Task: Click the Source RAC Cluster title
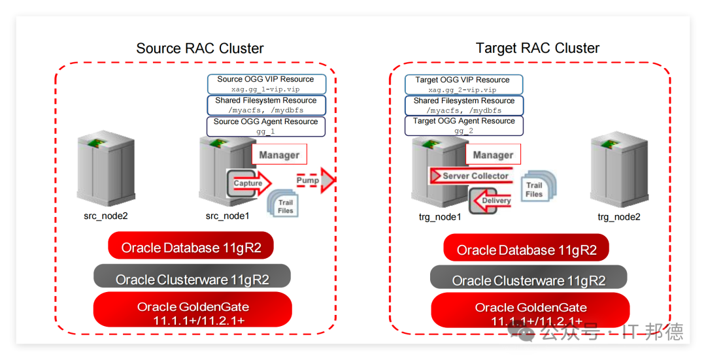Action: tap(200, 48)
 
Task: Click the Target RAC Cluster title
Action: tap(537, 48)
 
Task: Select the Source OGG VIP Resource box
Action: tap(267, 84)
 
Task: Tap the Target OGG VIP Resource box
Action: tap(463, 84)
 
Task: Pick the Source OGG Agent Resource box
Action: tap(265, 127)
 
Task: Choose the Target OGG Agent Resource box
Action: tap(463, 125)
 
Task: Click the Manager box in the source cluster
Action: tap(279, 154)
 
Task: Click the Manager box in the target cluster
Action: tap(493, 154)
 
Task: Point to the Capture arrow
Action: tap(249, 183)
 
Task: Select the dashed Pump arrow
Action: tap(316, 180)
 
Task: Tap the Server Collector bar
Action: tap(471, 176)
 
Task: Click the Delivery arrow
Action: tap(490, 201)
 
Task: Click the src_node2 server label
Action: tap(106, 216)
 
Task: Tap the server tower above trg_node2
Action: tap(620, 169)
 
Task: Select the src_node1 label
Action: tap(227, 216)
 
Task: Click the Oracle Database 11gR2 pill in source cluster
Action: tap(191, 246)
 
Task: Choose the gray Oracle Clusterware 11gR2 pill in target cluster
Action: tap(529, 277)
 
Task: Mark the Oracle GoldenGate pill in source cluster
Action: tap(193, 310)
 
